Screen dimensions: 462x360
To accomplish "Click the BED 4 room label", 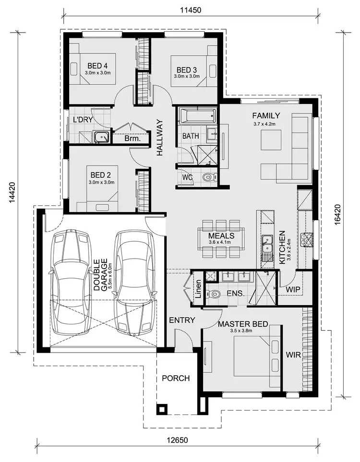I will (x=98, y=66).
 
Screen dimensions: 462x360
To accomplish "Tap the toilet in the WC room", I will (x=207, y=178).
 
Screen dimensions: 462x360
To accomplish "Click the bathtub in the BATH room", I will (x=197, y=115).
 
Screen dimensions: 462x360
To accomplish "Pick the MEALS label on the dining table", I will (x=221, y=236).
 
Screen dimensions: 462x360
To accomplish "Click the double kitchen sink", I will (x=268, y=244).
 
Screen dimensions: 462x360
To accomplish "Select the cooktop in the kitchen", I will (x=306, y=239).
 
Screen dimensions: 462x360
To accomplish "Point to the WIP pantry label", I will (x=293, y=290).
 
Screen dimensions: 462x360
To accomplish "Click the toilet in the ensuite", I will (x=215, y=294).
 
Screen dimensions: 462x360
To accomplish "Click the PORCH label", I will (x=176, y=378).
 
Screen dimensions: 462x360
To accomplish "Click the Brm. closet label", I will (x=132, y=139).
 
